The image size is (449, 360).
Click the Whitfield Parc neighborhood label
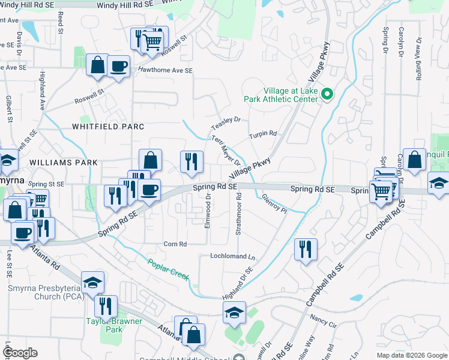(x=108, y=127)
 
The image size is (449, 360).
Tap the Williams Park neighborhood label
(x=62, y=163)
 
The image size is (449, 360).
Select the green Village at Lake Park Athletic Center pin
(x=327, y=94)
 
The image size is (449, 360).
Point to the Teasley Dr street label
(x=226, y=123)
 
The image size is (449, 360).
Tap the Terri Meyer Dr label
(x=226, y=151)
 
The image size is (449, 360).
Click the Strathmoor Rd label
(x=238, y=214)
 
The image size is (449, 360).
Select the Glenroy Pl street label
(x=275, y=203)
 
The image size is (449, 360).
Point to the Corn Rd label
(x=175, y=244)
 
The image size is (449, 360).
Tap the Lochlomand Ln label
(x=232, y=256)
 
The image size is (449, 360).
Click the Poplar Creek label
(x=169, y=269)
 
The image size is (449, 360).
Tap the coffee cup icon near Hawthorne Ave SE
(x=119, y=66)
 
